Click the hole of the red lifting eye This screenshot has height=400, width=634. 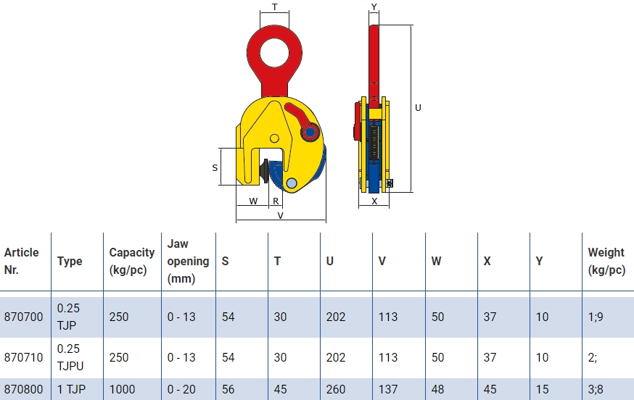tap(274, 52)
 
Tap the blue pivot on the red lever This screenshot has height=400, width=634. tap(310, 132)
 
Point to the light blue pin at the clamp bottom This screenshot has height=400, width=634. tap(291, 184)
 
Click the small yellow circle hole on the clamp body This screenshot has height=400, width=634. tap(274, 138)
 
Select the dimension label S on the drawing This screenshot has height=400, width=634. tap(215, 167)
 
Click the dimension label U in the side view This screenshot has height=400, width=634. tap(418, 107)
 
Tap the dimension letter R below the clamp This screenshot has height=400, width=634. tap(276, 201)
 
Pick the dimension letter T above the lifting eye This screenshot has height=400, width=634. tap(274, 7)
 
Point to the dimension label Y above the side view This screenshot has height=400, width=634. tap(374, 7)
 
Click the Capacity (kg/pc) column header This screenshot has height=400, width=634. tap(132, 261)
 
